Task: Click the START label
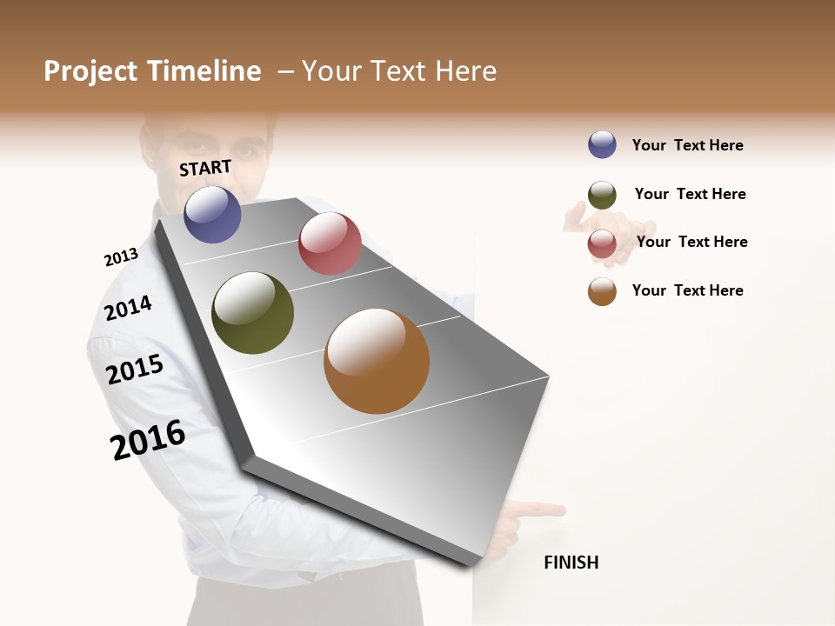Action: [205, 168]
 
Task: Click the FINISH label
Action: [571, 563]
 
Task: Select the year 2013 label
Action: [121, 257]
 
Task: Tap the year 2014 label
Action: [128, 308]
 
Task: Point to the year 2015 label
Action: [135, 370]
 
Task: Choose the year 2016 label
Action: [148, 439]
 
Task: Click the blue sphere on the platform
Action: [212, 214]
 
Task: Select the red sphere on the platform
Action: [330, 243]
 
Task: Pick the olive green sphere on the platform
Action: [252, 313]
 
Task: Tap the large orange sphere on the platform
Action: [377, 361]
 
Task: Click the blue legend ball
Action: [602, 145]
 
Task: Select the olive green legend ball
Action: [602, 195]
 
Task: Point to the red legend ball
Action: [602, 243]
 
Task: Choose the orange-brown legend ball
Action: [602, 292]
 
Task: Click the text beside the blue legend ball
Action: [687, 145]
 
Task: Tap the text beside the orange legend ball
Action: [687, 290]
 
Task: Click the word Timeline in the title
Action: [204, 71]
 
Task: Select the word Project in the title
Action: [91, 71]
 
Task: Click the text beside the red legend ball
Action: [691, 242]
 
